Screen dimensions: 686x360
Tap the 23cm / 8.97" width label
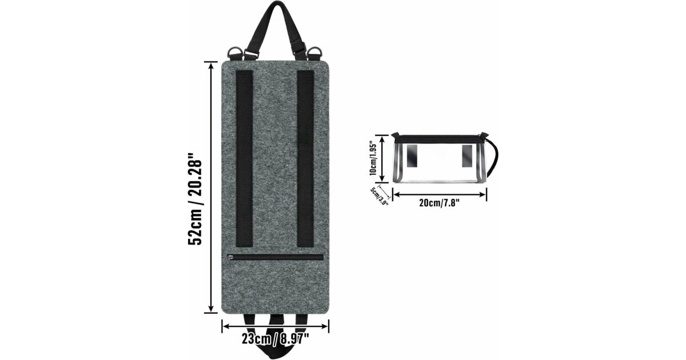point(276,339)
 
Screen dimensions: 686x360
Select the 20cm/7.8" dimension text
point(440,203)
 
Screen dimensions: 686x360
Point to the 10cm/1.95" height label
point(373,158)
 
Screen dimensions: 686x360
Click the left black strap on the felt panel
point(245,159)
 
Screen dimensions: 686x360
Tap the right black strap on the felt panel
point(305,159)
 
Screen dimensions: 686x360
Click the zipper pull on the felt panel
point(230,261)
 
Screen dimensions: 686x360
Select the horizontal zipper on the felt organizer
point(276,258)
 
